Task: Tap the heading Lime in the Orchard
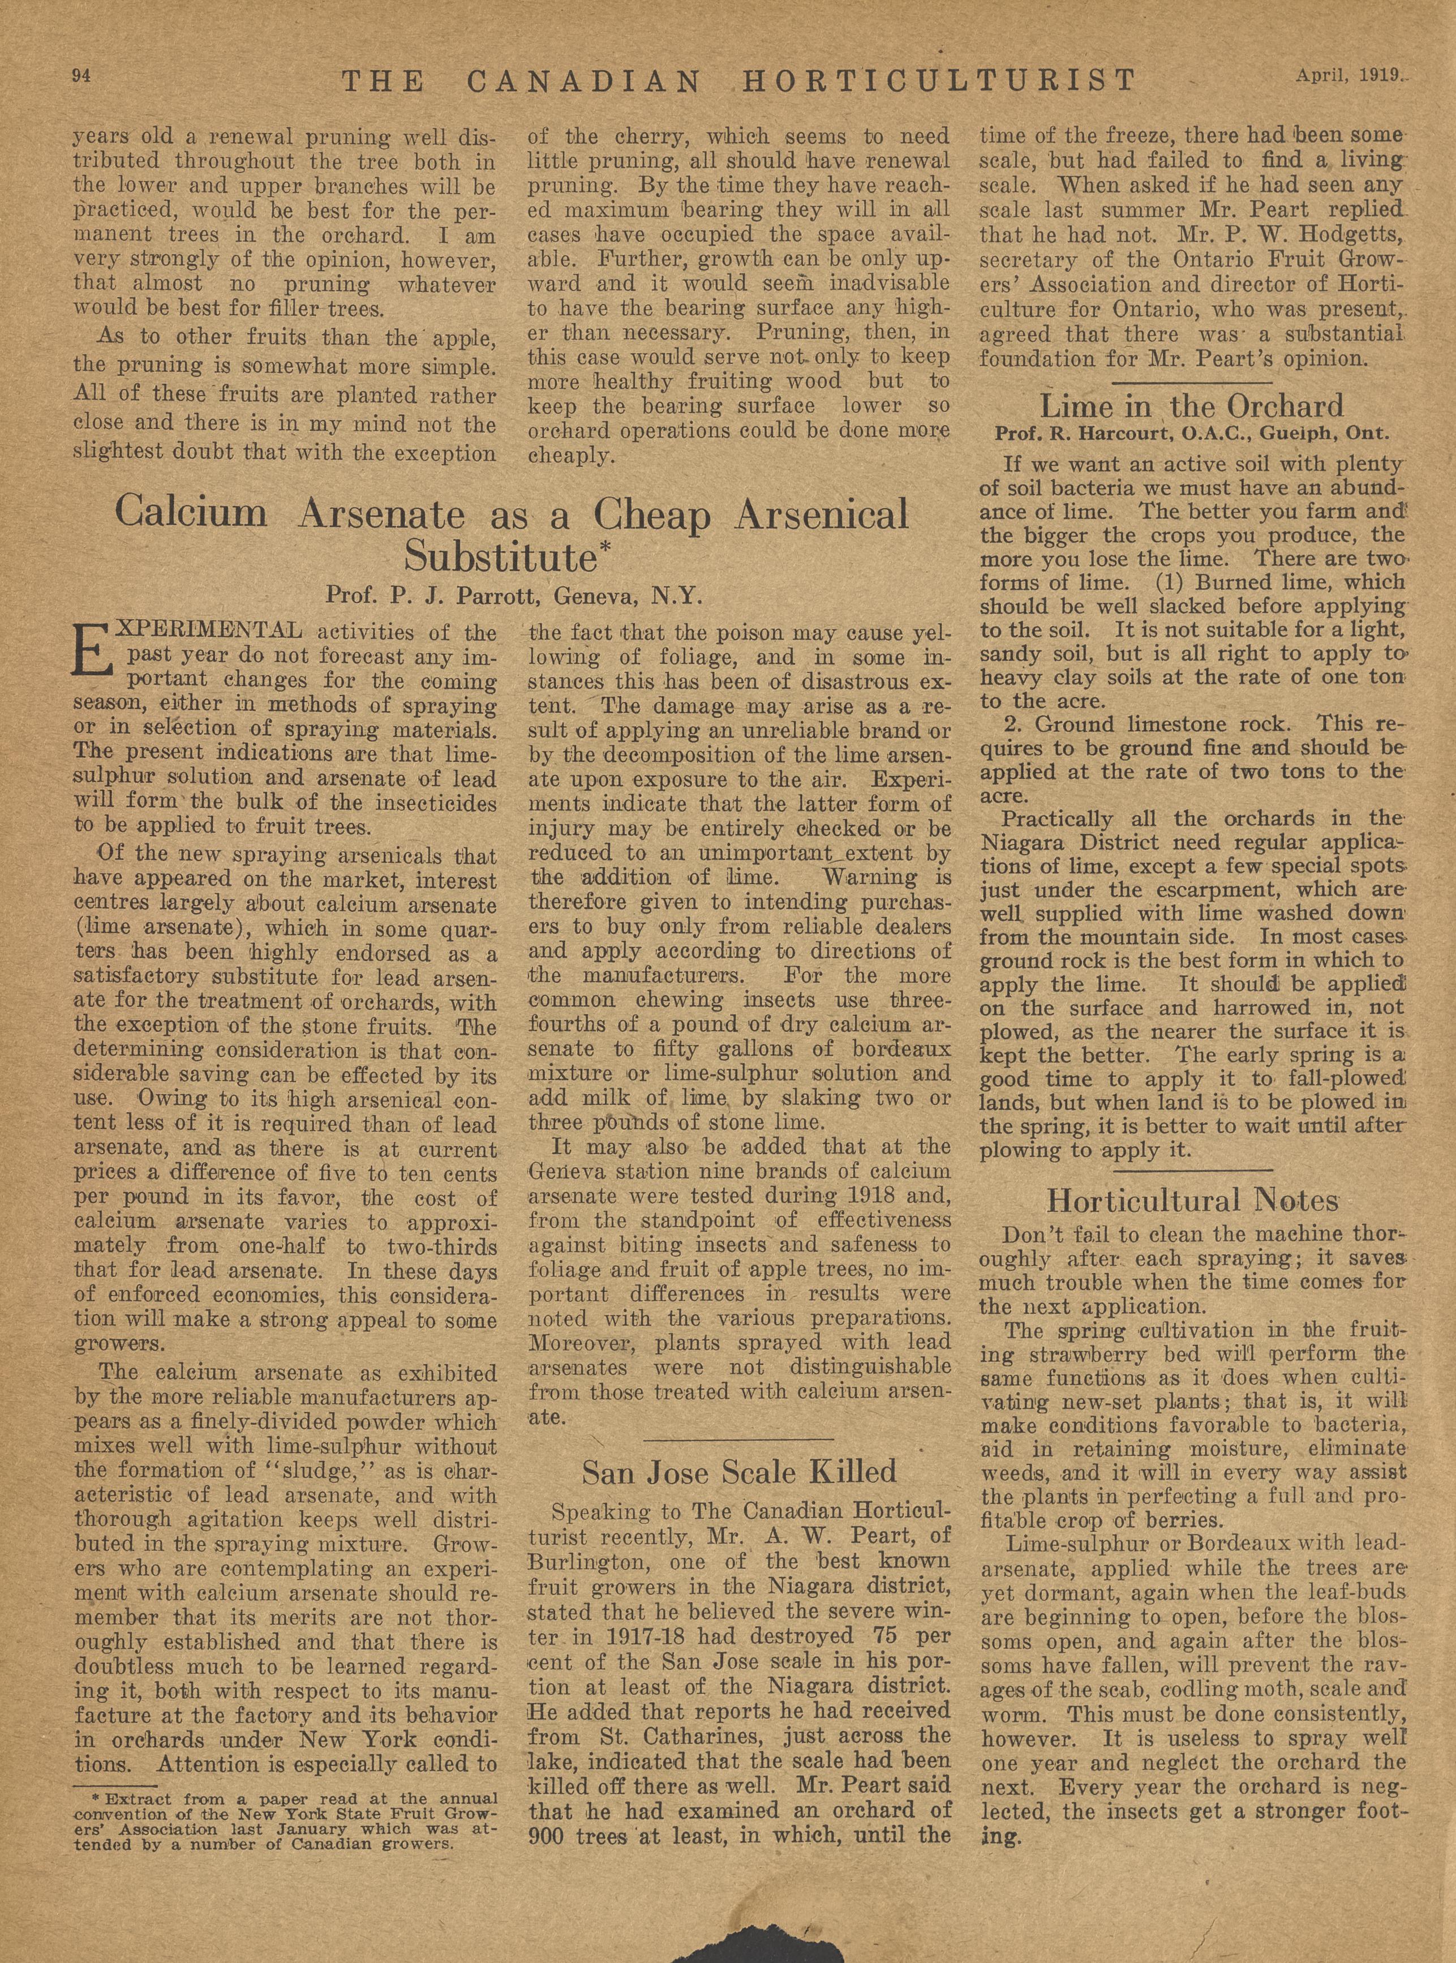click(x=1192, y=406)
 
